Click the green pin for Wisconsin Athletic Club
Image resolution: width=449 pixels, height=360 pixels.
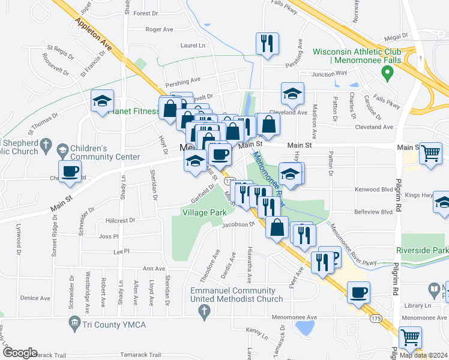(x=387, y=73)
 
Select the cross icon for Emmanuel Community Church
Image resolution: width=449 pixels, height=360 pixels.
(x=204, y=311)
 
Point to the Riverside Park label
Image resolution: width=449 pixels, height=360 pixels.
(x=422, y=250)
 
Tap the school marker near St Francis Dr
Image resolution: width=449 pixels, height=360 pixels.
(x=103, y=101)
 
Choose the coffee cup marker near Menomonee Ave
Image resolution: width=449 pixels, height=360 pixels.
(x=358, y=292)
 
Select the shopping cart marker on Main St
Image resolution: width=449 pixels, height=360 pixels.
(x=430, y=153)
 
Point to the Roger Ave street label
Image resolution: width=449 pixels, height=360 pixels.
(x=159, y=29)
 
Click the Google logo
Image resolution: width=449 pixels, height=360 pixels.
(x=19, y=353)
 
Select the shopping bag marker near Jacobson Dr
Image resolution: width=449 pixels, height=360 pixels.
(x=277, y=228)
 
